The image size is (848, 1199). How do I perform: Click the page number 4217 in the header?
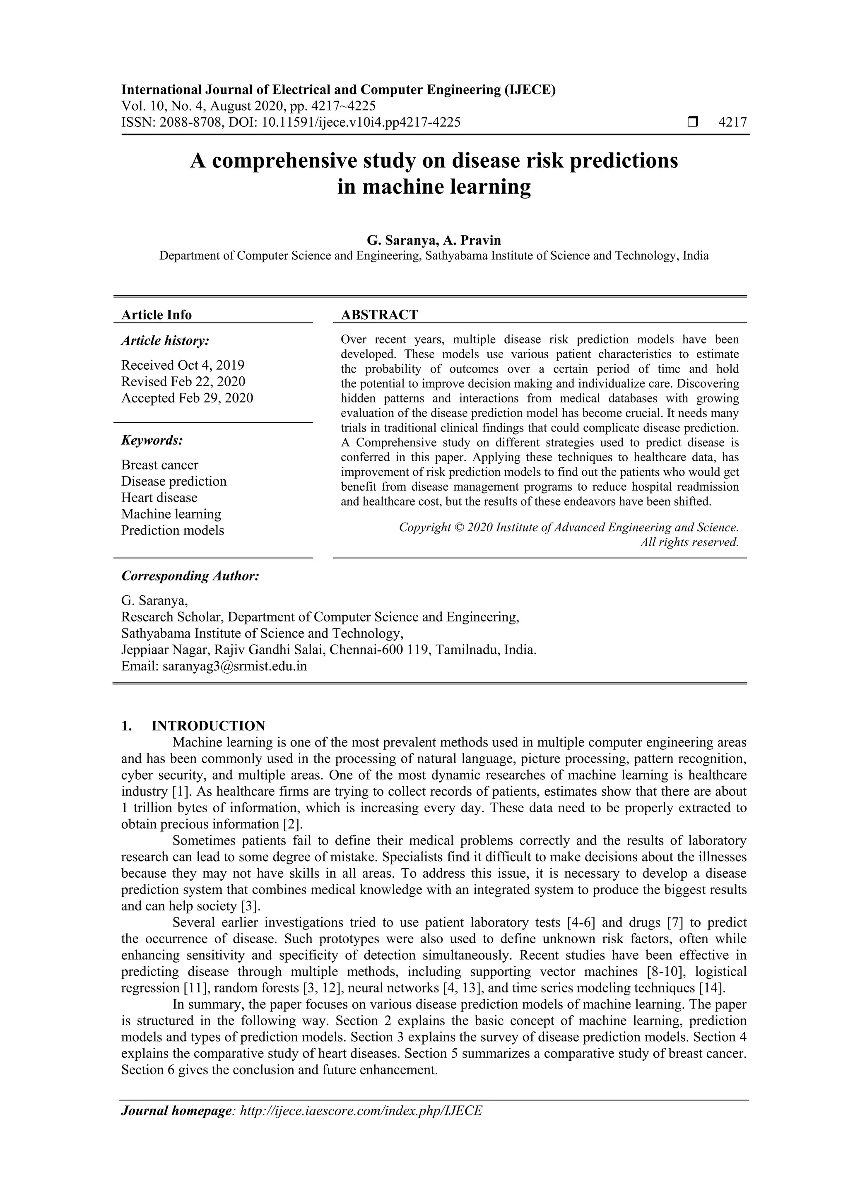(x=732, y=123)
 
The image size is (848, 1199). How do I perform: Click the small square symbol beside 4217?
(x=692, y=123)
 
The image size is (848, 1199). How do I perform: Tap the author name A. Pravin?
(x=472, y=240)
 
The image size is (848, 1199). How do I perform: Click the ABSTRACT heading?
(x=379, y=315)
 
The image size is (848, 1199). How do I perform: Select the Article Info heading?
(x=156, y=315)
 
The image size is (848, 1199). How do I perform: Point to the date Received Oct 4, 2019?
(x=183, y=365)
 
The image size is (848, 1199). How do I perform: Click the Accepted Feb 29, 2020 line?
(x=187, y=398)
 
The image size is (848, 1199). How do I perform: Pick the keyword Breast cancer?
(x=160, y=465)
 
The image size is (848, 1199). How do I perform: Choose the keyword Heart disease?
(x=159, y=498)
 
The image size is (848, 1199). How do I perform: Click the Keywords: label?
(x=152, y=440)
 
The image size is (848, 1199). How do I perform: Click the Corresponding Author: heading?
(x=190, y=576)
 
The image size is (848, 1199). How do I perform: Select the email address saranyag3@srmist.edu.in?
(x=234, y=666)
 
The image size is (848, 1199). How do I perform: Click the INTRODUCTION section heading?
(x=208, y=726)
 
